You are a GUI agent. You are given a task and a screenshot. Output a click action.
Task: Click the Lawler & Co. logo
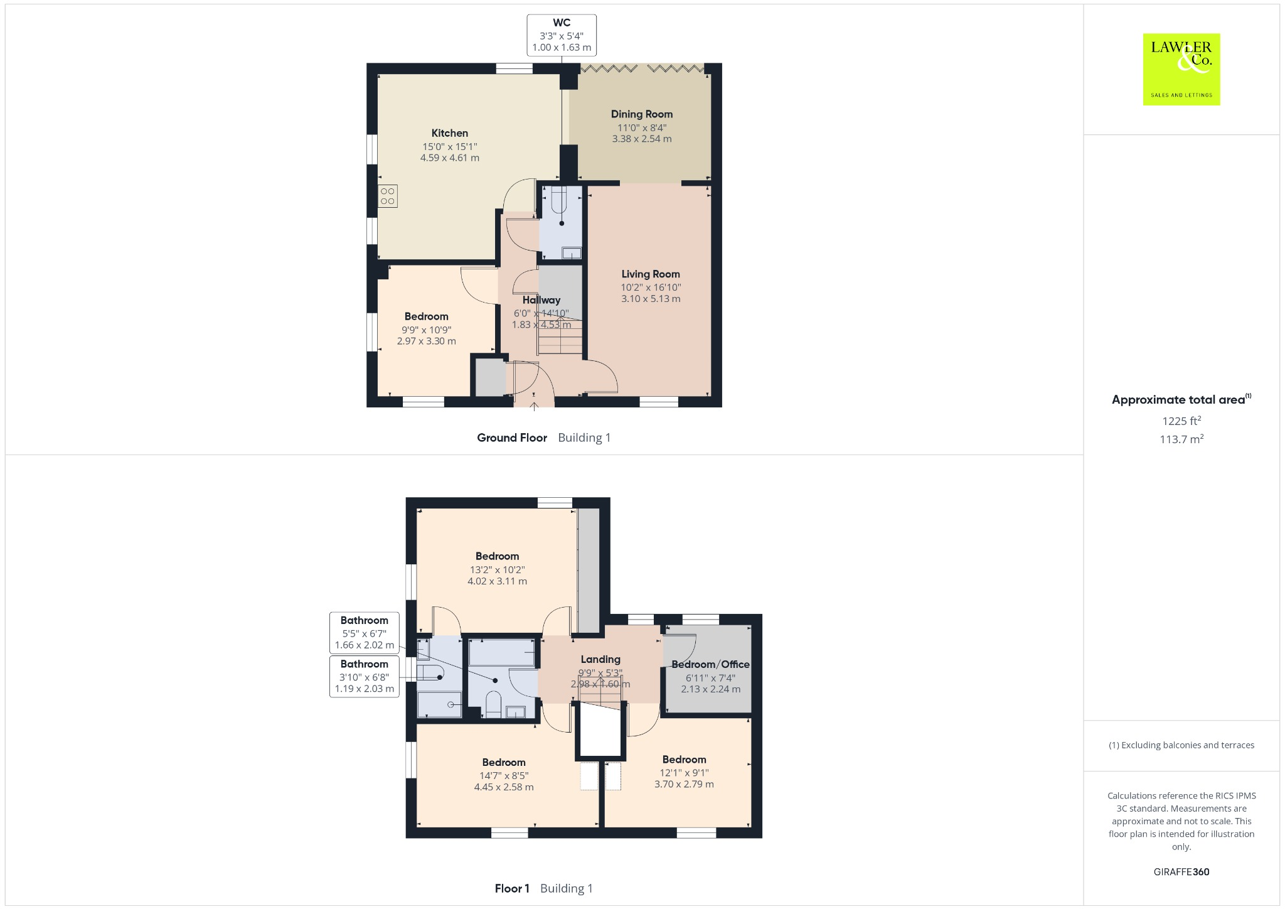(1181, 69)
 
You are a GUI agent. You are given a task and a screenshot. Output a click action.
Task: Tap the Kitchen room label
(450, 133)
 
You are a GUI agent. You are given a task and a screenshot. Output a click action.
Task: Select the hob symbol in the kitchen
(387, 196)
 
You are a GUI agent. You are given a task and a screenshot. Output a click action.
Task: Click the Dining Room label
(642, 114)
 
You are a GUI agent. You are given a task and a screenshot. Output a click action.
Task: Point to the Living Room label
(651, 274)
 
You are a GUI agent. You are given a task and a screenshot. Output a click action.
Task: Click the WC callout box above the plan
(562, 35)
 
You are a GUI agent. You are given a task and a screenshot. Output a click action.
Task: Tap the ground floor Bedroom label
(427, 316)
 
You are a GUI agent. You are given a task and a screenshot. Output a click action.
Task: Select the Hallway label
(541, 300)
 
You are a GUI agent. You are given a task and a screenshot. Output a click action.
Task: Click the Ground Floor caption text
(512, 438)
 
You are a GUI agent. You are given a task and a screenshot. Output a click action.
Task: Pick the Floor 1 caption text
(512, 888)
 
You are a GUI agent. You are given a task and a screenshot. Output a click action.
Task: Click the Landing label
(600, 659)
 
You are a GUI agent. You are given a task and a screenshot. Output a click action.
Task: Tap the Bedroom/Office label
(711, 664)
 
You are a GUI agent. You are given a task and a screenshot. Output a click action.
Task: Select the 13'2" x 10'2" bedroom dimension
(498, 570)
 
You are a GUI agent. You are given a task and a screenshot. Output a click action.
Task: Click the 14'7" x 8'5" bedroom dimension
(504, 776)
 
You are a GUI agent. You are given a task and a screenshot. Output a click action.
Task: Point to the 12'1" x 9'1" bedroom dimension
(684, 773)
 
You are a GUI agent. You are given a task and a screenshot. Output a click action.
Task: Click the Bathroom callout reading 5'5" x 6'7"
(365, 633)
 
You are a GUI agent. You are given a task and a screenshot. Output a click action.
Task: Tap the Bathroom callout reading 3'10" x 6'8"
(365, 676)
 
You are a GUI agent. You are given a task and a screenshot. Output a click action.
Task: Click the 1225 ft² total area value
(1181, 421)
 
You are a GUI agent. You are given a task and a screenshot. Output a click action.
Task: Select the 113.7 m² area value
(1181, 439)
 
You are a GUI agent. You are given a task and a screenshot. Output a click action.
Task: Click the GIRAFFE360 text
(1181, 871)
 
